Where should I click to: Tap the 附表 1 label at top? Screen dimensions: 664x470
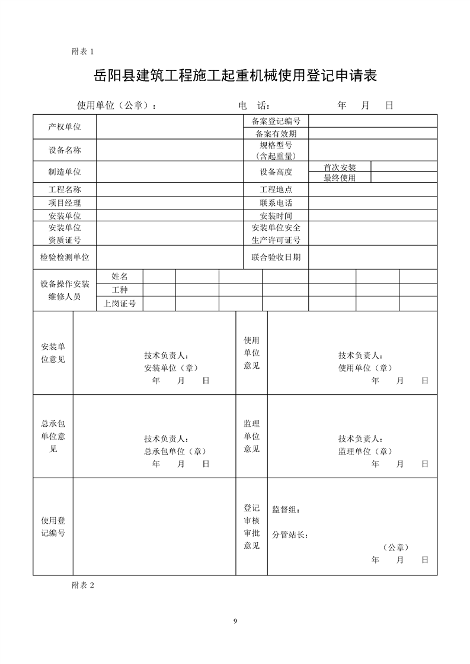(x=83, y=51)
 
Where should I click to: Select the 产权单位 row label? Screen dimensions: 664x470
(x=65, y=127)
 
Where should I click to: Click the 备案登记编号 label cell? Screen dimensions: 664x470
(x=276, y=121)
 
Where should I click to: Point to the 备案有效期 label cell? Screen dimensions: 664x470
(x=276, y=134)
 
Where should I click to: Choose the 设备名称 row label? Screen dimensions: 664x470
(x=65, y=150)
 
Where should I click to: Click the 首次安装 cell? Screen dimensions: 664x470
(x=340, y=167)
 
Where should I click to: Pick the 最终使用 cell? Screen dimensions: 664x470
(x=340, y=178)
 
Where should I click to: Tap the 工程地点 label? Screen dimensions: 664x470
(x=276, y=190)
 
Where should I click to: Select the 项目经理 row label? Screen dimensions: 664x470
(x=65, y=203)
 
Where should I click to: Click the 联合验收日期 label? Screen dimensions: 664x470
(x=276, y=257)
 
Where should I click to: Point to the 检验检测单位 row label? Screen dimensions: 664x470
(x=65, y=257)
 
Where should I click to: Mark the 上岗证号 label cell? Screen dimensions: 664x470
(x=120, y=304)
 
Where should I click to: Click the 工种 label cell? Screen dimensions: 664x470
(x=120, y=290)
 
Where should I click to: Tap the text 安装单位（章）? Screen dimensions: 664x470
(x=171, y=368)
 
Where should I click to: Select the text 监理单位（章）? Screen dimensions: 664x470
(x=366, y=451)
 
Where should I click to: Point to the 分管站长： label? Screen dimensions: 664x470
(x=290, y=535)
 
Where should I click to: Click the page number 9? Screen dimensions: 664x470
(x=235, y=621)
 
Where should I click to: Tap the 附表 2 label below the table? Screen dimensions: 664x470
(x=83, y=585)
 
